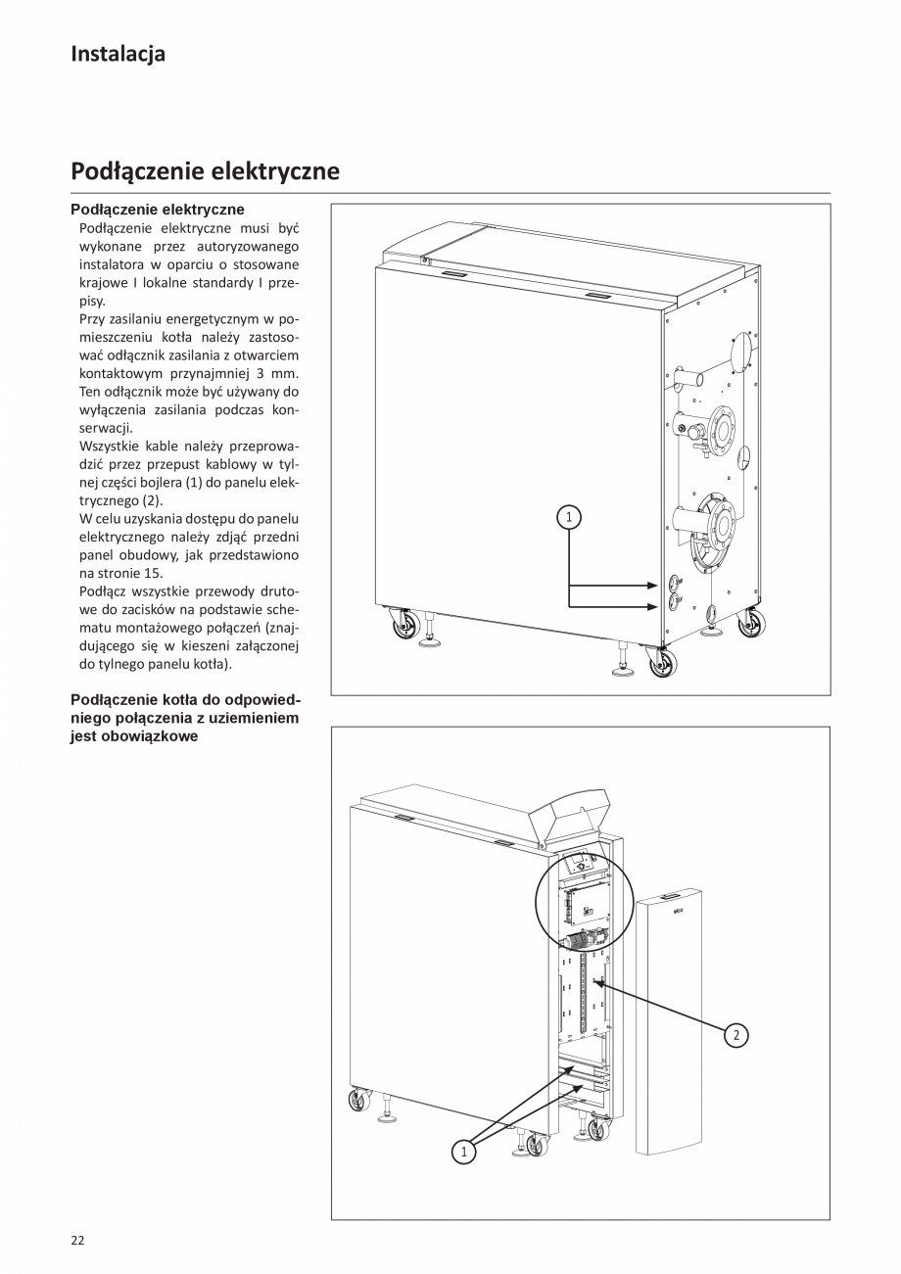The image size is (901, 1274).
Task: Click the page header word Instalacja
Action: tap(118, 54)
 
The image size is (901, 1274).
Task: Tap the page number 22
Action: tap(77, 1240)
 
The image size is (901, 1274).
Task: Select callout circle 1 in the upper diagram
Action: tap(569, 515)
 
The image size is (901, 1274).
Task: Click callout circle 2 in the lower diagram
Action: tap(736, 1034)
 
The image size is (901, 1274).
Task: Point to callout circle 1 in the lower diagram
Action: tap(463, 1152)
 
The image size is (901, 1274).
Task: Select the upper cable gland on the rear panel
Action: tap(674, 584)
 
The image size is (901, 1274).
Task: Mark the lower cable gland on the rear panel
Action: tap(674, 604)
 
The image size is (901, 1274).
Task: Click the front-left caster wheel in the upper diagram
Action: tap(404, 625)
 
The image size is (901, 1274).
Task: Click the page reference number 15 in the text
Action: tap(141, 573)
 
